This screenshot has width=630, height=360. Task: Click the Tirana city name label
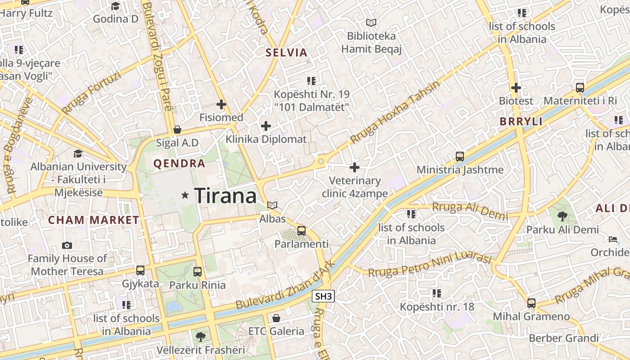point(225,196)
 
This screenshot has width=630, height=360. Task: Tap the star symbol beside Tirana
point(184,195)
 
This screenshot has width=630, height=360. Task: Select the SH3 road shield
point(324,296)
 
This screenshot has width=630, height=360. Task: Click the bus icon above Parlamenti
point(301,231)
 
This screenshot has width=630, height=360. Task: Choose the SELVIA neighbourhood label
point(287,53)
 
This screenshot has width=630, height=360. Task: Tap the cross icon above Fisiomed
point(221,104)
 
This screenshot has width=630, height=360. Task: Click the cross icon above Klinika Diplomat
point(266,126)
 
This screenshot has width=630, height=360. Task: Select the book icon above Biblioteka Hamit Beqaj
point(371,22)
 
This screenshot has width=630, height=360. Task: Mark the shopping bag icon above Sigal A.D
point(177,130)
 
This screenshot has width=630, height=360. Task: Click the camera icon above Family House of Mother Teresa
point(67,245)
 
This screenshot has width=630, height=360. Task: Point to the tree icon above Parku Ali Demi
point(562,216)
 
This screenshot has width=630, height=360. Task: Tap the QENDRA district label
point(180,164)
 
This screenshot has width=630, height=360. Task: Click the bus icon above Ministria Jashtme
point(459,157)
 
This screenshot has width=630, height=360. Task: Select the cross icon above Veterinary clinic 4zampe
point(355,167)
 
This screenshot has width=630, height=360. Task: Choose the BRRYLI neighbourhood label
point(521,121)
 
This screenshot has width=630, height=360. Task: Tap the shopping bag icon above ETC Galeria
point(276,318)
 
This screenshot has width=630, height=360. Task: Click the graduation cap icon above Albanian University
point(78,153)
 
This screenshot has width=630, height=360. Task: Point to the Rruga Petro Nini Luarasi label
point(430,265)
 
